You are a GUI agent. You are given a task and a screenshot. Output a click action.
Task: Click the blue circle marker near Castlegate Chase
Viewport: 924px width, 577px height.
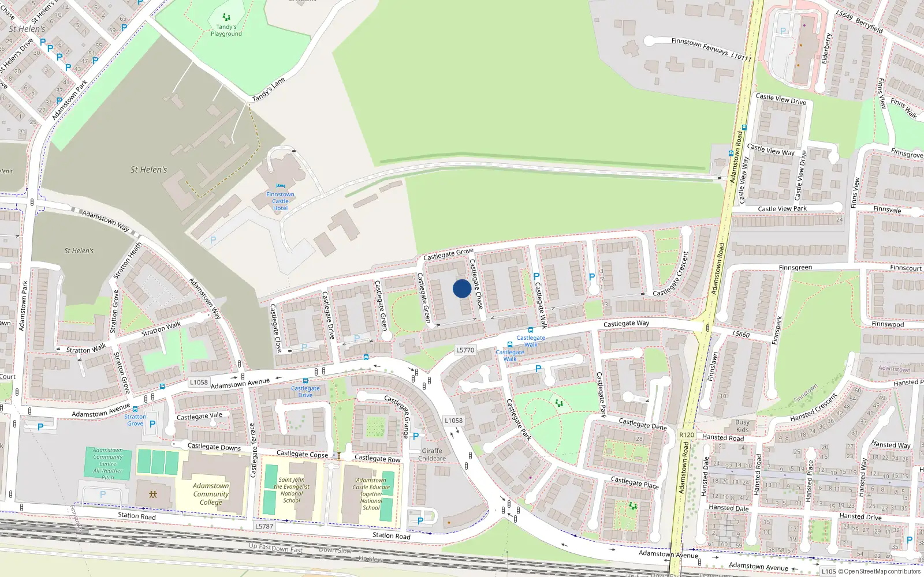pos(461,288)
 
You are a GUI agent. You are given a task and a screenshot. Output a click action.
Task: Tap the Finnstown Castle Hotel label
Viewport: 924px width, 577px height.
pos(280,201)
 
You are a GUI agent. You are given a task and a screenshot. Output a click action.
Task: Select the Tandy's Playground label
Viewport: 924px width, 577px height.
pos(226,30)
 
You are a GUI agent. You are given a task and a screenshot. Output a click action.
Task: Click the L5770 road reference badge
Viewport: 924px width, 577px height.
pos(465,350)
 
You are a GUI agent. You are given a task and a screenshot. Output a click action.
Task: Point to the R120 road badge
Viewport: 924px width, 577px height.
pos(686,435)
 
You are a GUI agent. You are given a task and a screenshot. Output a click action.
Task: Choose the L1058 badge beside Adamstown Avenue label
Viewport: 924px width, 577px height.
pos(199,382)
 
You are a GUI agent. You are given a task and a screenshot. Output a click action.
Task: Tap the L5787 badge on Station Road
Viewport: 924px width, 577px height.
pos(264,526)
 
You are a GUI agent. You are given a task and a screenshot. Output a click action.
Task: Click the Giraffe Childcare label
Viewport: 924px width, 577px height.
pos(432,455)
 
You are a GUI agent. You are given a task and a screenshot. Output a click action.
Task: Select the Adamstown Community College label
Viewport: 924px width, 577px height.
pos(211,494)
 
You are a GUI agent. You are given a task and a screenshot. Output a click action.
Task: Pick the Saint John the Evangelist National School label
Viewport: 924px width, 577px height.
pos(292,490)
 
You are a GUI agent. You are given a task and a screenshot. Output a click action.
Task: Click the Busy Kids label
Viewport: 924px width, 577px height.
pos(742,426)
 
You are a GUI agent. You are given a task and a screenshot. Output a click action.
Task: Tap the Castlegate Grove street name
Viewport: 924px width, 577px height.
pos(448,253)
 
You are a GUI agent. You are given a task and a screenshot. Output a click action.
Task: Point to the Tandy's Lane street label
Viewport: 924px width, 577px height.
pos(269,90)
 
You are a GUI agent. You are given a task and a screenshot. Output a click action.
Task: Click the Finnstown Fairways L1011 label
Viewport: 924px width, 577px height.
pos(711,49)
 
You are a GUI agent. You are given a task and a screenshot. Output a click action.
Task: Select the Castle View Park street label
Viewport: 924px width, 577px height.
pos(782,208)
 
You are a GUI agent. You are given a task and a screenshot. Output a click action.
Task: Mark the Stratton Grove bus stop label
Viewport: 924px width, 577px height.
pos(135,419)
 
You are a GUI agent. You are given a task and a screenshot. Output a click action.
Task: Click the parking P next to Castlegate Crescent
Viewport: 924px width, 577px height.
pos(591,278)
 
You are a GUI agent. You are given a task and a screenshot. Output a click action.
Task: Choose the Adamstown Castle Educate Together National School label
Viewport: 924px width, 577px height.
pos(371,494)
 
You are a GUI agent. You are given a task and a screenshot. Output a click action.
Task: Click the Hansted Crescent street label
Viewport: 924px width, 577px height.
pos(813,407)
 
